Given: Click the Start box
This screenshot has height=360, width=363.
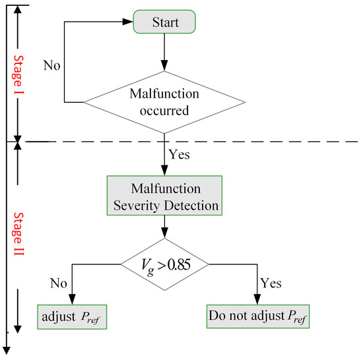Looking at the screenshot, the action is pos(164,22).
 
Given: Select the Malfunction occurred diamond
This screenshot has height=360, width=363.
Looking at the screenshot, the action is pos(164,102).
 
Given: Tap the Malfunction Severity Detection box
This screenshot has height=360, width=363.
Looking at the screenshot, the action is pos(164,196).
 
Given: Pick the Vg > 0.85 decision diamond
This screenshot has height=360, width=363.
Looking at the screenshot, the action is pos(164,264).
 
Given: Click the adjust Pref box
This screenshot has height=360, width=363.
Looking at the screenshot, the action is pos(72,316).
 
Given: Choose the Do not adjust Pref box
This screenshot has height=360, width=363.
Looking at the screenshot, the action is pos(258,316).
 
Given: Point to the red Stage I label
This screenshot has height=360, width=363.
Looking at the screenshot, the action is pos(18,75).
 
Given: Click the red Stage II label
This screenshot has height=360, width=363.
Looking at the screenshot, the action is pos(18,234).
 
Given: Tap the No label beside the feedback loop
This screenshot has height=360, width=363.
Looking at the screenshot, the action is pos(52,65).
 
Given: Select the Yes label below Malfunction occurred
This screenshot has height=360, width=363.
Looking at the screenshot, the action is pos(179,154).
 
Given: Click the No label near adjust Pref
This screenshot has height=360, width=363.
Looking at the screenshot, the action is pos(59,283).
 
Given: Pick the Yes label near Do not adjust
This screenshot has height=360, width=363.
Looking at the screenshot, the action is pos(271,283).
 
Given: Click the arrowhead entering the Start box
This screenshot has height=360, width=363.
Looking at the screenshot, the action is pos(127,22).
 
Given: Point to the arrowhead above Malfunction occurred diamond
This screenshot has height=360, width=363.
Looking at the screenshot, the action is pos(164,65).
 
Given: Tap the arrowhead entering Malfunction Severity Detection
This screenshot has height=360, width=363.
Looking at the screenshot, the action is pos(164,170).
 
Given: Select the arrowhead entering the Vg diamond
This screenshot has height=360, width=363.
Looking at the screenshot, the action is pos(164,233).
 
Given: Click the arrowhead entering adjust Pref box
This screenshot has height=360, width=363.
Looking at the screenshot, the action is pos(72,299).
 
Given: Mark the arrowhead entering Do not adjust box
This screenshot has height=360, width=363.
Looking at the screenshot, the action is pos(257,299).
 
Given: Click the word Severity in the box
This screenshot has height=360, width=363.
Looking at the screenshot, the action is pos(137,206).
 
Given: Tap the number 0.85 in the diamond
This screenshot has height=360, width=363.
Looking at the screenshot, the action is pos(179,264).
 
